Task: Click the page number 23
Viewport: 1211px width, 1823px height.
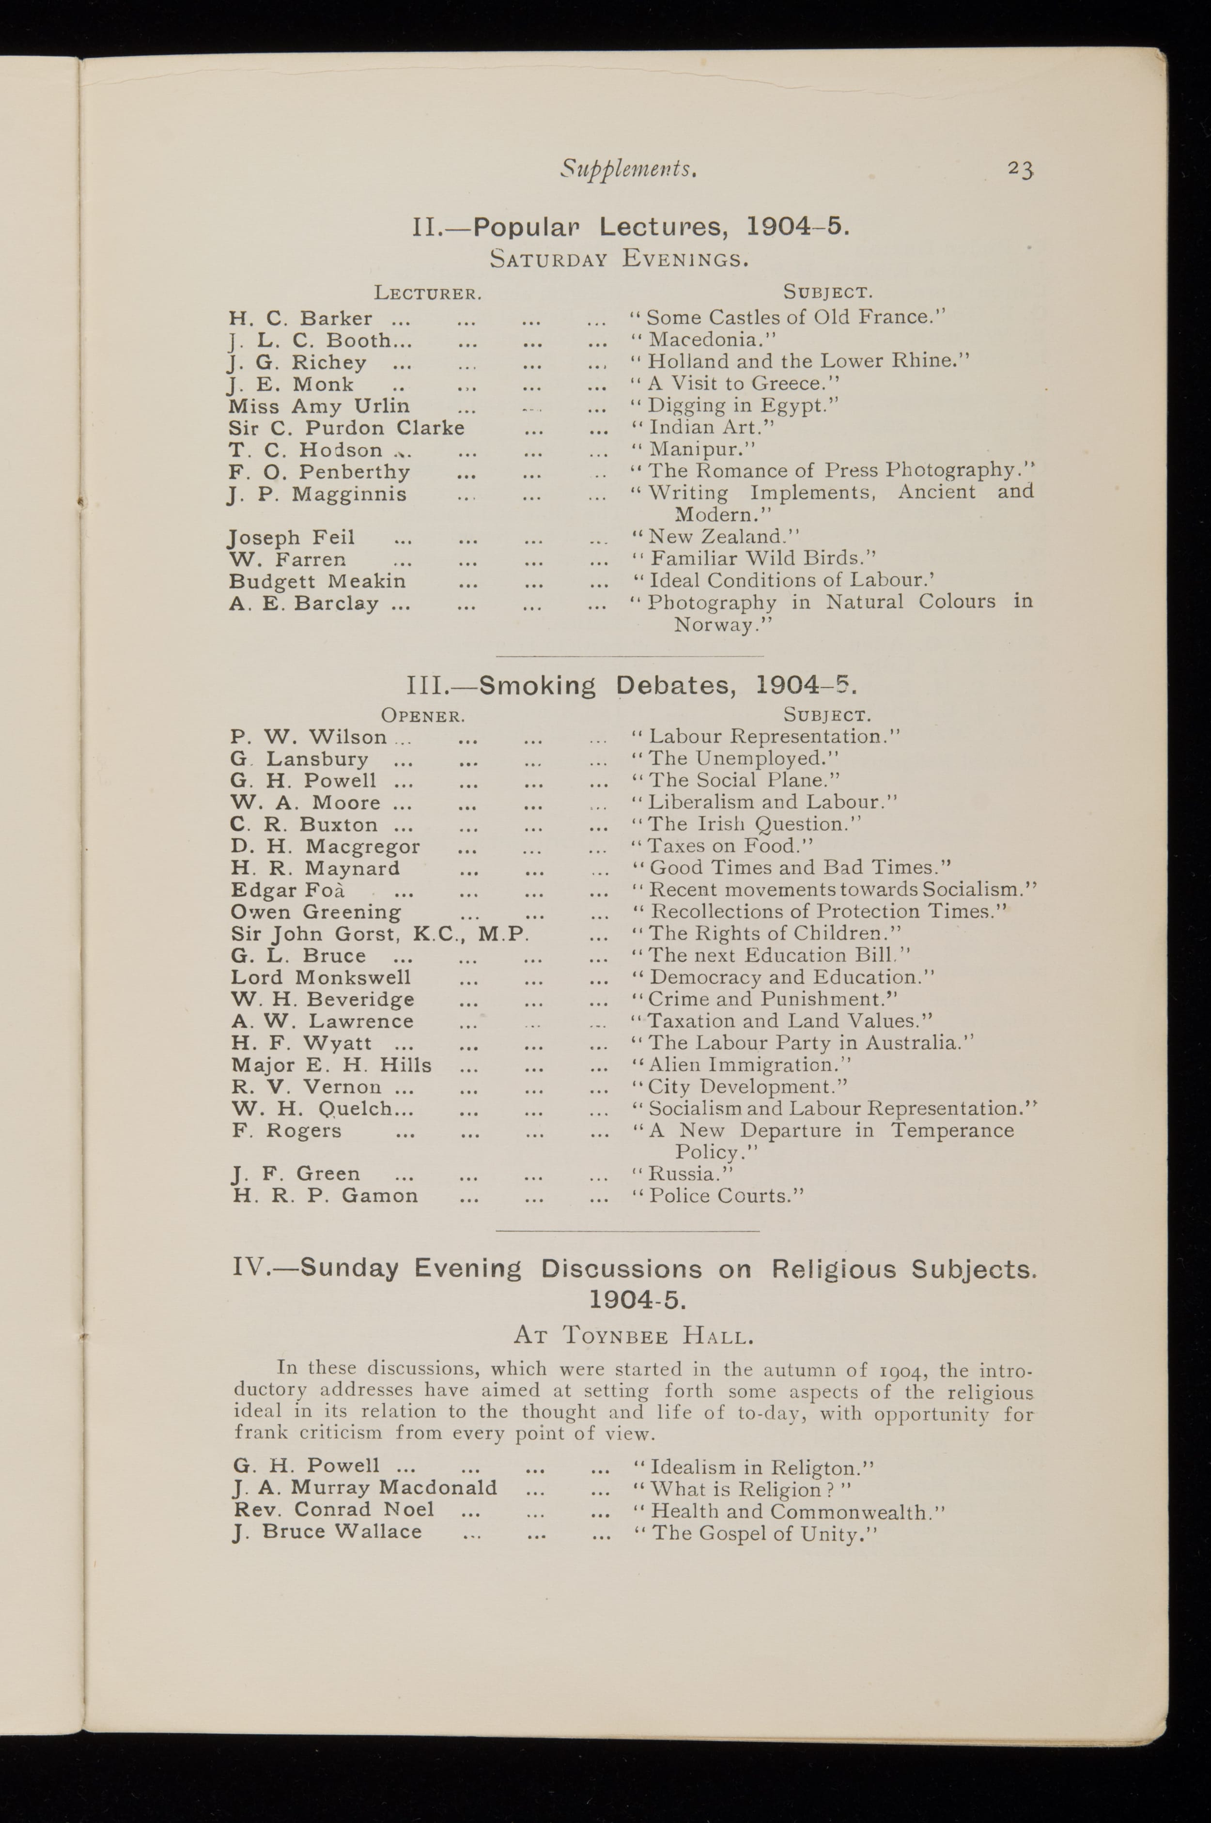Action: click(x=1020, y=169)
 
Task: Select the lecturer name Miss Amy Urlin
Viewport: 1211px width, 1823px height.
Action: click(x=319, y=406)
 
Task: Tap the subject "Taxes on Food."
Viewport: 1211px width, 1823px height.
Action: click(x=723, y=846)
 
